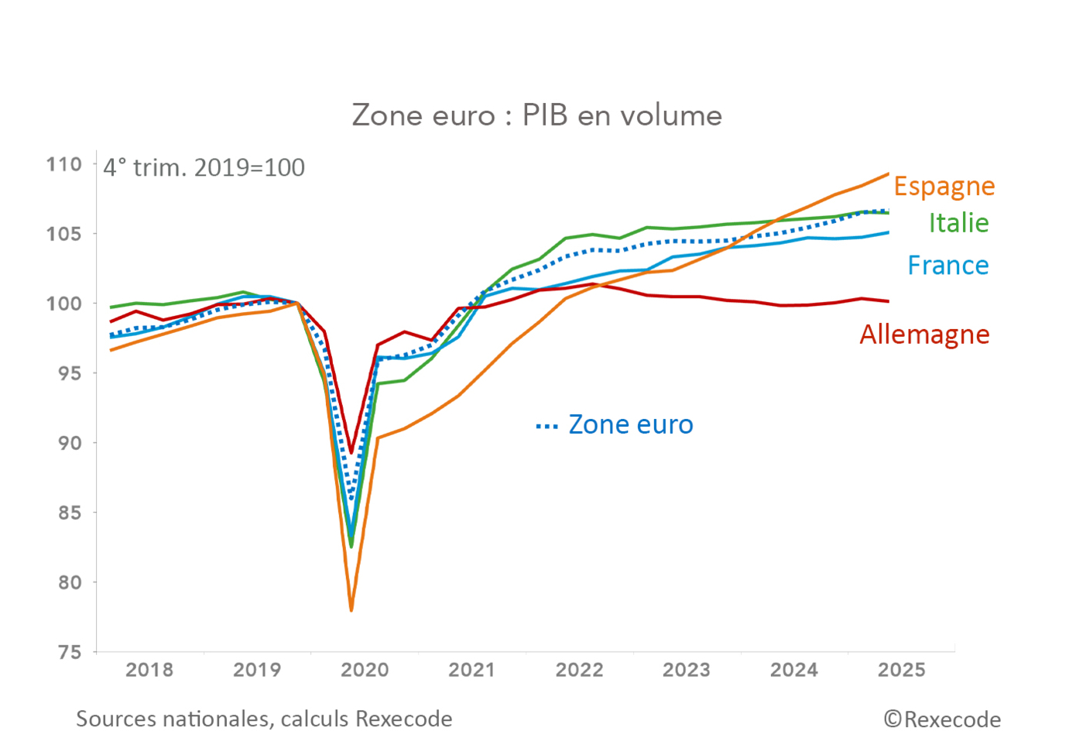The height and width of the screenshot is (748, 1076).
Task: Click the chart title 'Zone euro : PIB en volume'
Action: (536, 115)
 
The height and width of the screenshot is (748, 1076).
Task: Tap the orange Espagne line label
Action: (944, 187)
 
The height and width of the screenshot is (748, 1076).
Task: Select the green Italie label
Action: (958, 223)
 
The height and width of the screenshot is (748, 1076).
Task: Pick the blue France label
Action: (947, 266)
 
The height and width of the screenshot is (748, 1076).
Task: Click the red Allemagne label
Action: (924, 335)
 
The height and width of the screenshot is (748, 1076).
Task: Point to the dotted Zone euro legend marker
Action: (547, 427)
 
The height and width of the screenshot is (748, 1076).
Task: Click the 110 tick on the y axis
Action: (64, 164)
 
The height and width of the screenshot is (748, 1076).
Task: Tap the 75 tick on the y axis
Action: (70, 652)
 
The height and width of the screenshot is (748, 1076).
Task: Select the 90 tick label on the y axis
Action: (70, 443)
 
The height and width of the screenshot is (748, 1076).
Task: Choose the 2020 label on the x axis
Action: (365, 670)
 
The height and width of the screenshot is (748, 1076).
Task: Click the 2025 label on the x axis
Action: (901, 670)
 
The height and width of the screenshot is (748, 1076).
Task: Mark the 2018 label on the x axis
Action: (149, 670)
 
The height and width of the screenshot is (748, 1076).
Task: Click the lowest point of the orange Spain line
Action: (351, 610)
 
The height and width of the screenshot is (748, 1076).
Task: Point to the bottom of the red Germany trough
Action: (351, 453)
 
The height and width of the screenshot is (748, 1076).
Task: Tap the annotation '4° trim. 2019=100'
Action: (204, 168)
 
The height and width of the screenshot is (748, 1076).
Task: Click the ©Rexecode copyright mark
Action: (942, 719)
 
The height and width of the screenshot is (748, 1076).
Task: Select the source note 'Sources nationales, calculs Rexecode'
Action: (264, 719)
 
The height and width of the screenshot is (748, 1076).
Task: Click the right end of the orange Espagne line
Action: (888, 173)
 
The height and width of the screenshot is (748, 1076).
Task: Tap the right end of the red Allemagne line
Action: (888, 301)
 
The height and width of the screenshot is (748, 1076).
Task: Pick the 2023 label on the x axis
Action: (686, 670)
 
